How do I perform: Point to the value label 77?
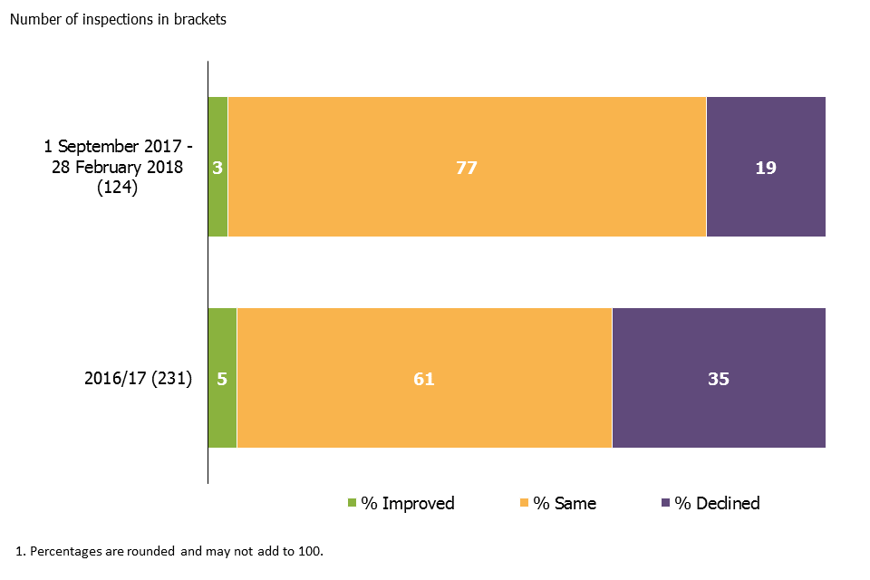pos(467,168)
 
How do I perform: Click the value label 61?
pos(424,379)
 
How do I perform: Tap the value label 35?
pos(719,379)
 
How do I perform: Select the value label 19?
pos(766,168)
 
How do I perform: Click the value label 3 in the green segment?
pos(217,168)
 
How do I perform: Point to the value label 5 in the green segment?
pos(222,379)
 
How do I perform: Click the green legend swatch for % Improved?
pos(353,503)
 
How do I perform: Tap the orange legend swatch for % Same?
pos(524,503)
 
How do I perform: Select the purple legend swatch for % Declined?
pos(666,503)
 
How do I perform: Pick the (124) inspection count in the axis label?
pos(117,188)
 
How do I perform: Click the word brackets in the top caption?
pos(199,20)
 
